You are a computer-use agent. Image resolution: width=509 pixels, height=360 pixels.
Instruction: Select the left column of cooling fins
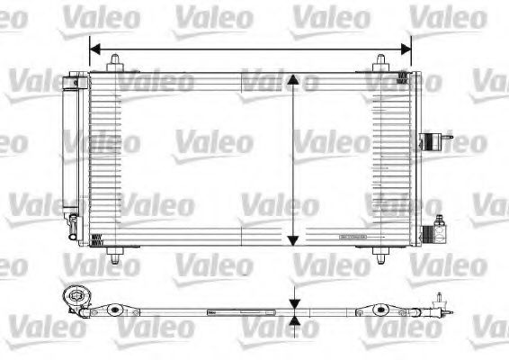point(107,158)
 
